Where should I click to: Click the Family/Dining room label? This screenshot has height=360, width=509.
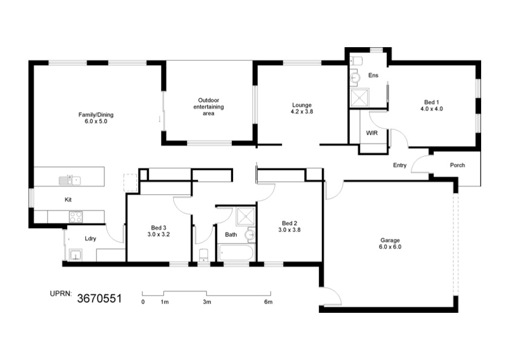tap(96, 118)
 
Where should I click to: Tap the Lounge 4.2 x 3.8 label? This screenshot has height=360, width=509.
tap(302, 108)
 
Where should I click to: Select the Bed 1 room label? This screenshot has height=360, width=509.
tap(432, 105)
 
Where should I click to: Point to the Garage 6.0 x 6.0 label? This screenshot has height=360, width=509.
tap(390, 243)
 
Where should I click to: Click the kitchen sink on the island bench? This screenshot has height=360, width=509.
tap(70, 180)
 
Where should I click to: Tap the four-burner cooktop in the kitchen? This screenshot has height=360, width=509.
tap(76, 217)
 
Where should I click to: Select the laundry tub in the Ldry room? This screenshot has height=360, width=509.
tap(76, 255)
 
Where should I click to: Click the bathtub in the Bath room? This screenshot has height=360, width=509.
tap(235, 252)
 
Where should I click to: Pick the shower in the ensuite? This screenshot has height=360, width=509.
tap(360, 97)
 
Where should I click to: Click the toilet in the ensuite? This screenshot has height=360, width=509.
tap(356, 61)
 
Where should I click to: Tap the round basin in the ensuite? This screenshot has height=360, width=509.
tap(355, 78)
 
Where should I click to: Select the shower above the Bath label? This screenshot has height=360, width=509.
tap(245, 216)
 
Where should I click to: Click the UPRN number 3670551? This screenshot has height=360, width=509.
tap(99, 299)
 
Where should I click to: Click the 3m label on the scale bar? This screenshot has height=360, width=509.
tap(207, 302)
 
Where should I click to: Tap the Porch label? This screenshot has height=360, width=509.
tap(458, 165)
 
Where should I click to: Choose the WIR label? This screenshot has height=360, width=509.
tap(372, 133)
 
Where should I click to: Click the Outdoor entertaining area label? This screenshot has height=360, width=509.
tap(208, 107)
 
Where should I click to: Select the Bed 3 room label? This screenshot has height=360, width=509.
tap(159, 231)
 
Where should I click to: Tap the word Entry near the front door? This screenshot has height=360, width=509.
tap(399, 165)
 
